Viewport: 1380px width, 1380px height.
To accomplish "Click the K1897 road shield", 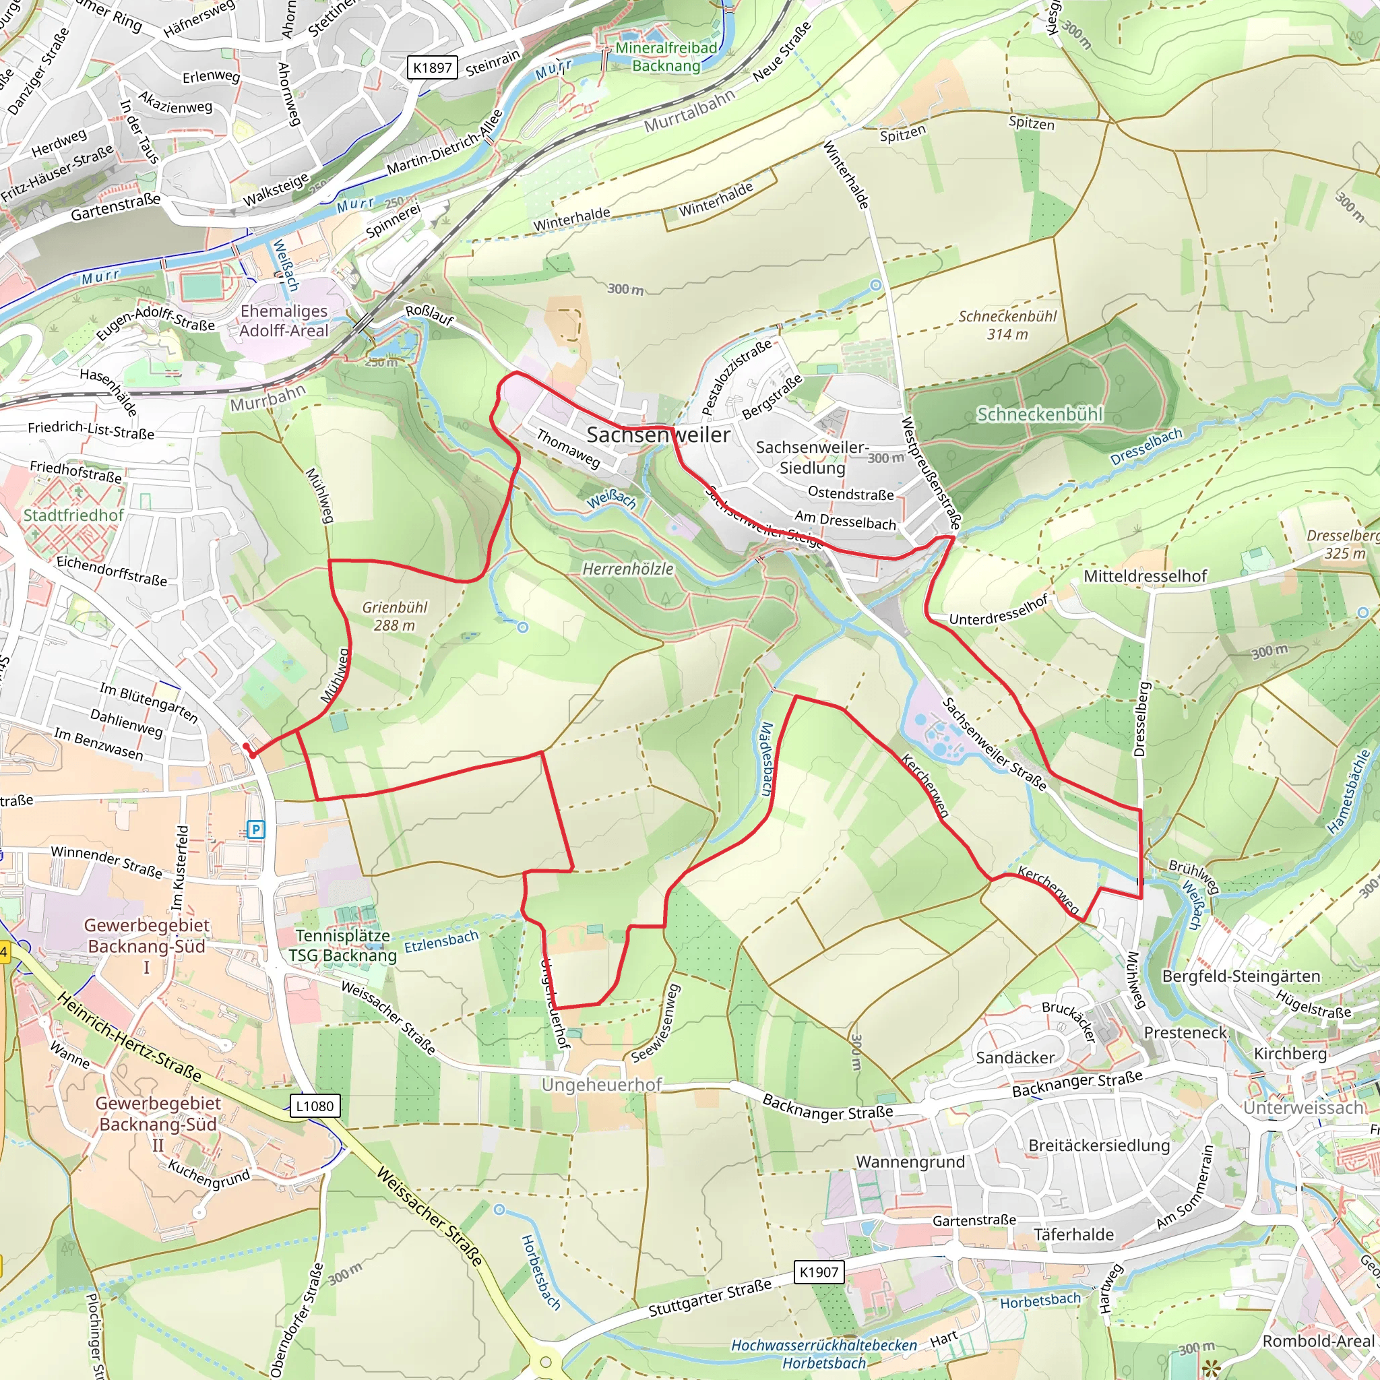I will click(432, 68).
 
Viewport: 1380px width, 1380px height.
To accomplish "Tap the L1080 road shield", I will click(314, 1106).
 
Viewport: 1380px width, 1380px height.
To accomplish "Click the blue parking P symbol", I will click(255, 829).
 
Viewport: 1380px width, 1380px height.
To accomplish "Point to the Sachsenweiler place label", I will click(658, 435).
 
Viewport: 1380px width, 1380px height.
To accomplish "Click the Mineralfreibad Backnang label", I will click(666, 57).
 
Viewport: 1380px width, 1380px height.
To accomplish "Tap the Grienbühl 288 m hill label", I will click(394, 616).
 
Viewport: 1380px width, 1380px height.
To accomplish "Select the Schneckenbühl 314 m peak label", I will click(1007, 325).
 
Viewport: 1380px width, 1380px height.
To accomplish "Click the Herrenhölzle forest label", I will click(628, 569).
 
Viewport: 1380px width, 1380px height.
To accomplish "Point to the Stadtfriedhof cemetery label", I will click(73, 515).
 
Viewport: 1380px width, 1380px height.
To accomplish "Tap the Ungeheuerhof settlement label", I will click(602, 1085).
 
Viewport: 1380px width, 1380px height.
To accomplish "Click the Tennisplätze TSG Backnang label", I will click(343, 945).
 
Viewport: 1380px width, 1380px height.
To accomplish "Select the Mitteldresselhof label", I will click(1145, 575).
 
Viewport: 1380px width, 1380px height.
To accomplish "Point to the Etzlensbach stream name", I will click(441, 941).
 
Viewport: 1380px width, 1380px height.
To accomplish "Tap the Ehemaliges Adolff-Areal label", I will click(284, 321).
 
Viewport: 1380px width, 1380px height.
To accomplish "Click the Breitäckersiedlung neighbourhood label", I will click(1098, 1145).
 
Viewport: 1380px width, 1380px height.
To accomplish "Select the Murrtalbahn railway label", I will click(689, 111).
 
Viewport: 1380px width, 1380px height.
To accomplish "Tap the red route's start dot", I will click(247, 747).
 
